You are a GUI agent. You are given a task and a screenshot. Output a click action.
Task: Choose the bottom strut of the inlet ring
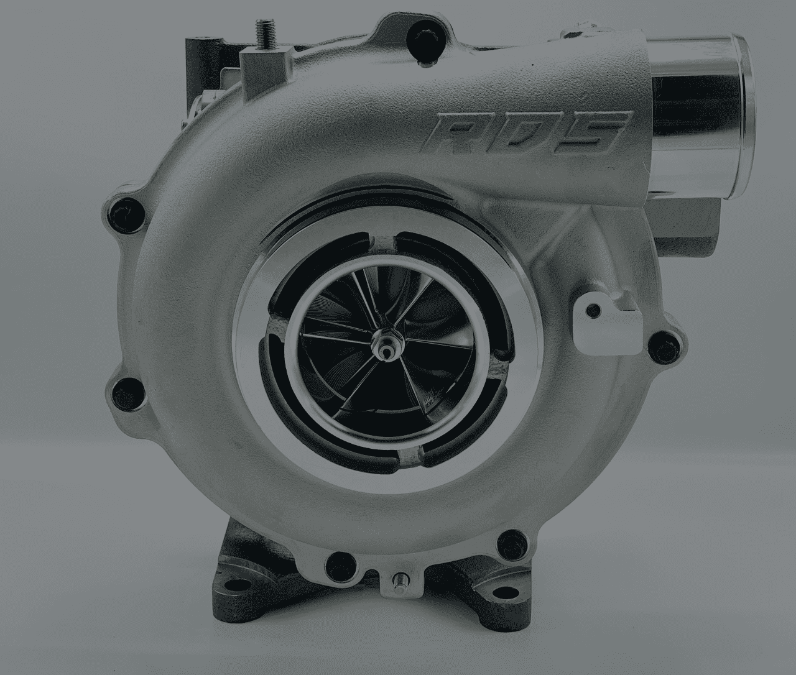411,459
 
